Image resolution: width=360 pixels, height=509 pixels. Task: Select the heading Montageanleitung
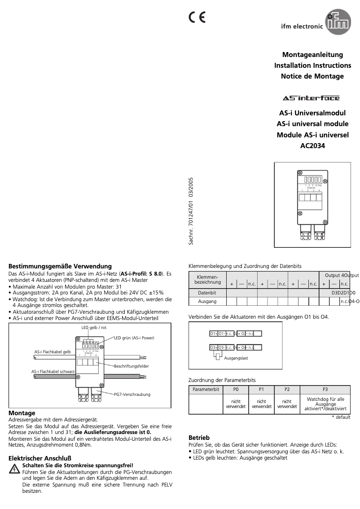click(312, 55)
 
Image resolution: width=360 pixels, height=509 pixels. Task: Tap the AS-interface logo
click(311, 98)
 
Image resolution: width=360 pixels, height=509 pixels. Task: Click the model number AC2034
click(312, 145)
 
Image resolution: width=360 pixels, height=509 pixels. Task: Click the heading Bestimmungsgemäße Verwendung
click(60, 266)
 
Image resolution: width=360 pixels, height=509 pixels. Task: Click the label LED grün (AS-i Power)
click(134, 338)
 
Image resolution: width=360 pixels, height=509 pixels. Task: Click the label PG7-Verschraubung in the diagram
click(132, 394)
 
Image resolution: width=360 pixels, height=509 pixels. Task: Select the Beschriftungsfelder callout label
click(131, 366)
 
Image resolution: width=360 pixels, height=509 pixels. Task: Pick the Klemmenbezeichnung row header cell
click(207, 280)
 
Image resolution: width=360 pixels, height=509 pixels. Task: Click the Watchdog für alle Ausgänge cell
click(325, 404)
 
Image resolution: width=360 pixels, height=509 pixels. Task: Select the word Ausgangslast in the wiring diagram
click(236, 358)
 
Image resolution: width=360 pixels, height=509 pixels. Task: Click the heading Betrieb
click(199, 437)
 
